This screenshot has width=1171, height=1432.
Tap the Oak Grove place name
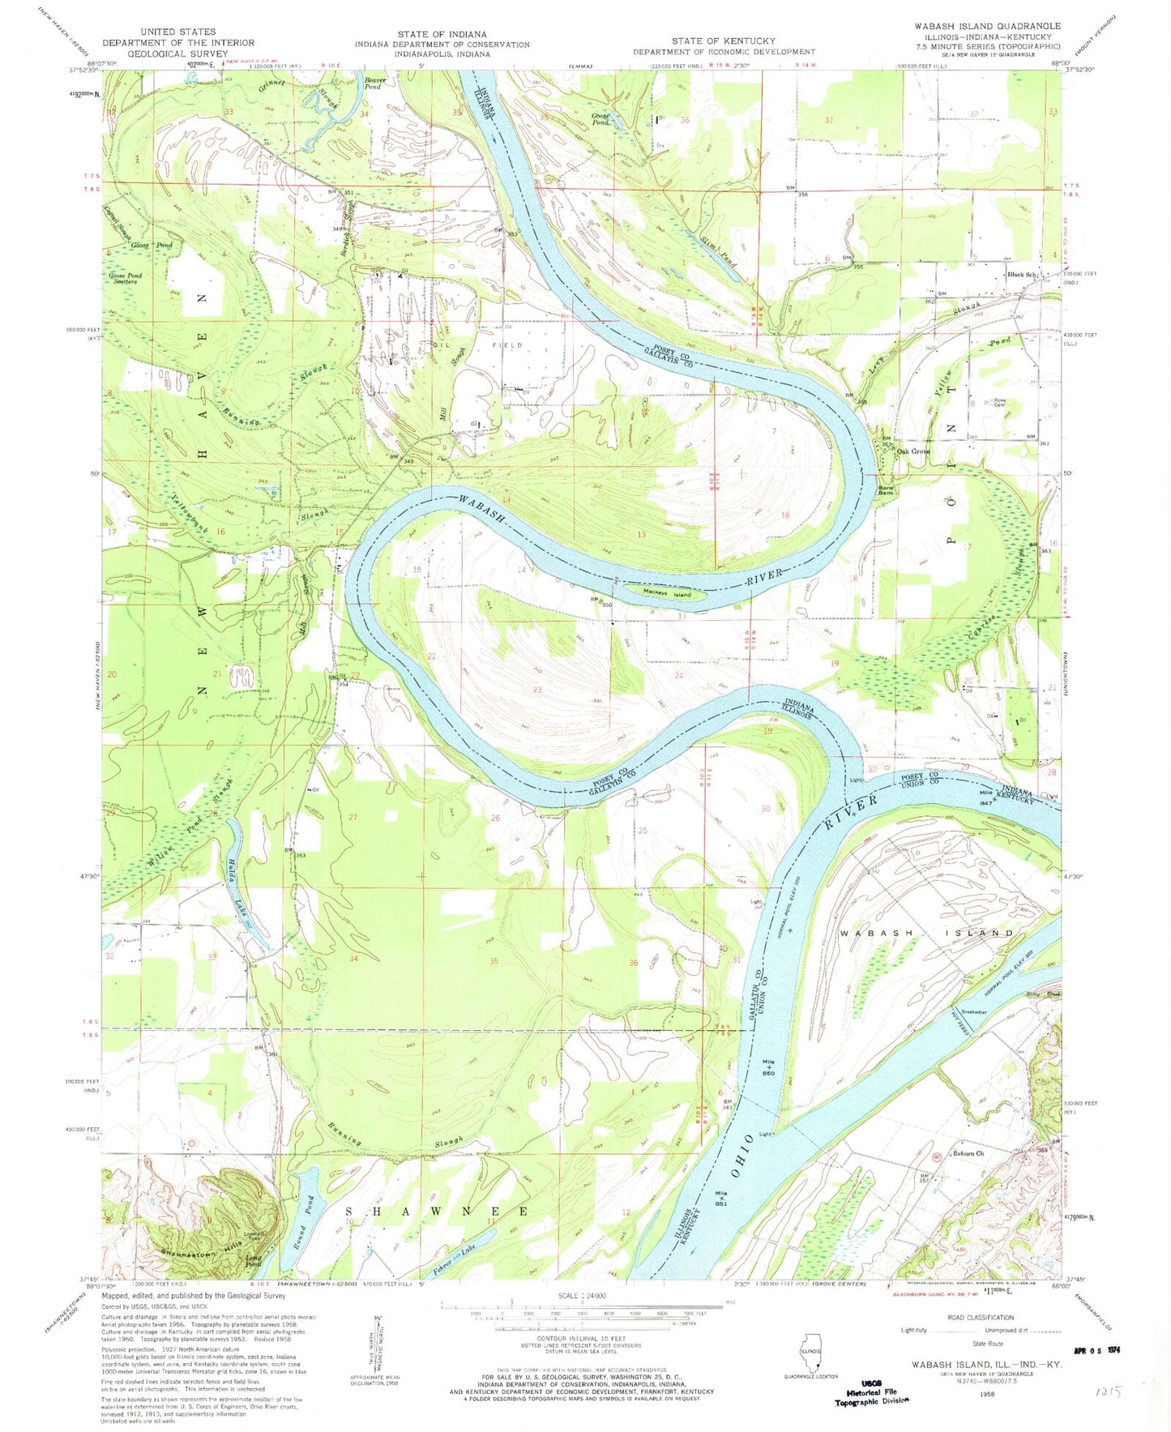(x=912, y=451)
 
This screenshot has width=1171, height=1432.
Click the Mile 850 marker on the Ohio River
(x=768, y=1066)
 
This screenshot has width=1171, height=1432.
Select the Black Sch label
(x=1023, y=276)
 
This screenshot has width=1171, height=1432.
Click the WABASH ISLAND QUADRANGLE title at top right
(x=987, y=26)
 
